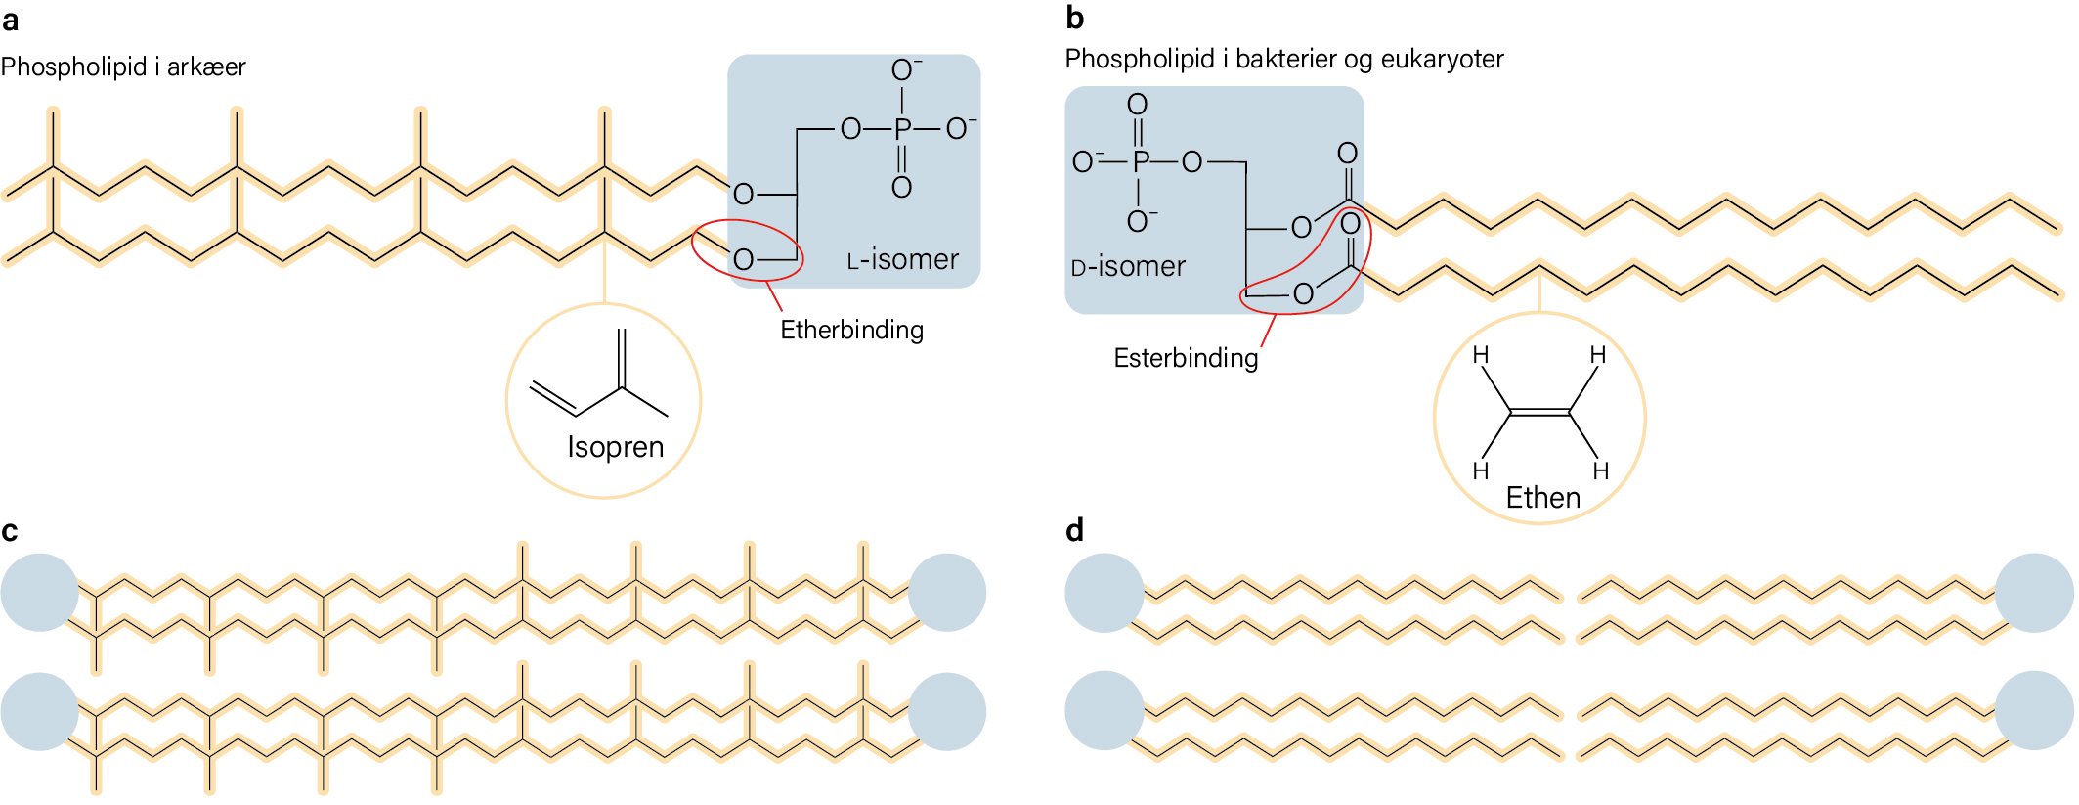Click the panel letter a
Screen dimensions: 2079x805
coord(10,21)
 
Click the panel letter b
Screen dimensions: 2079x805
coord(1075,18)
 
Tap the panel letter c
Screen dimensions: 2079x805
coord(10,531)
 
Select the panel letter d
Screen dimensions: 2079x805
coord(1075,530)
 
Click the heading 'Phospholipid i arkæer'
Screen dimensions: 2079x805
coord(123,67)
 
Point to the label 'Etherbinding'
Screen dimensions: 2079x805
coord(851,330)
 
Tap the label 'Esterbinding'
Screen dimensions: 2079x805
coord(1186,358)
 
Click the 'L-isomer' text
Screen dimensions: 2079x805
coord(902,259)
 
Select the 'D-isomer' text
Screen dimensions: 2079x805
coord(1128,266)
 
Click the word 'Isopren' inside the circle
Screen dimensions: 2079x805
coord(616,447)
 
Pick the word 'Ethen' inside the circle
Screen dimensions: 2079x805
coord(1542,498)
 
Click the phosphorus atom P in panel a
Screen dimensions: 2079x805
coord(902,128)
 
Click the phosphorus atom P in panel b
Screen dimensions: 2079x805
coord(1139,161)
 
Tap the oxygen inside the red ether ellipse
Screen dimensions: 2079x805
coord(743,259)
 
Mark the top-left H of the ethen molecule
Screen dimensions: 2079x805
coord(1481,354)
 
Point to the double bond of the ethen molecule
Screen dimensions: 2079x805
coord(1539,412)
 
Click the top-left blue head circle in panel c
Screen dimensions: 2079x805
coord(40,593)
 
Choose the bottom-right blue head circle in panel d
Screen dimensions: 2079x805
coord(2034,710)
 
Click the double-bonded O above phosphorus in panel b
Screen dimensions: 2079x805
coord(1138,104)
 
